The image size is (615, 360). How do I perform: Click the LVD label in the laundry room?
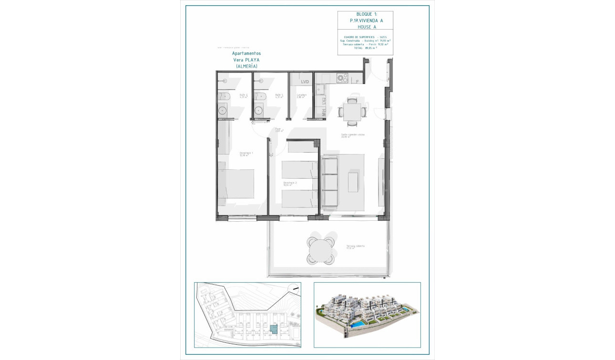pos(305,82)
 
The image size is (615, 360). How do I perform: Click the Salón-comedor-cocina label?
pos(353,135)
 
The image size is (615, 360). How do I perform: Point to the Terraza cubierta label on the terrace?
pos(355,247)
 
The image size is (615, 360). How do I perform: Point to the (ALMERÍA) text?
pos(246,67)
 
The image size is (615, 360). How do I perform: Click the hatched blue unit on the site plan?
pos(274,328)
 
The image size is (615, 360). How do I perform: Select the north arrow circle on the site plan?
pos(295,288)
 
